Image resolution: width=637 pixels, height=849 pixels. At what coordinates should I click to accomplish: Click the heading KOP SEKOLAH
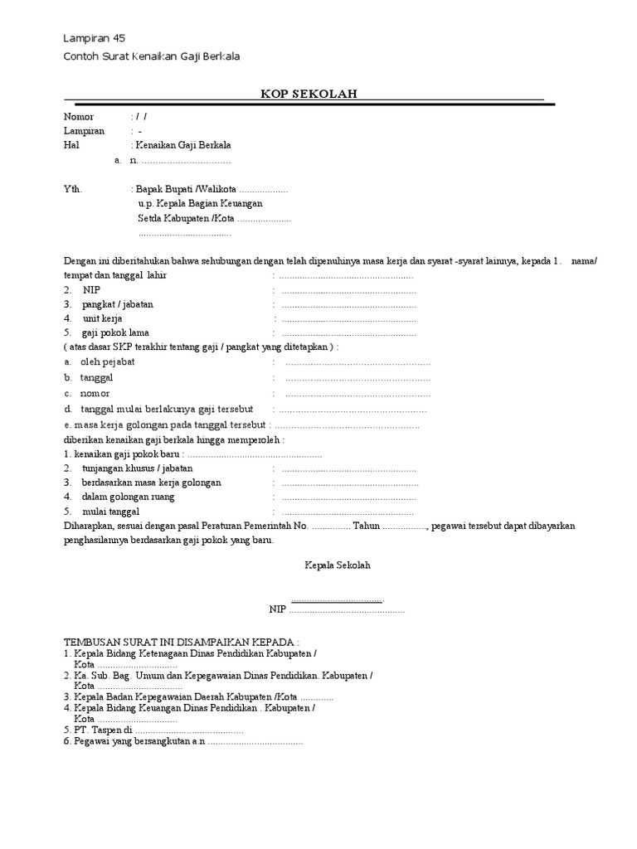coord(309,94)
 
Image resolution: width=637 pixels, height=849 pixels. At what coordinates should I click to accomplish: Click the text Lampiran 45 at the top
coord(95,39)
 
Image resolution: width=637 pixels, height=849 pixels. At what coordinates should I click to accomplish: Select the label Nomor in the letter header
coord(79,117)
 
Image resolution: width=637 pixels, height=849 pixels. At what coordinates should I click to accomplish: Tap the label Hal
coord(71,145)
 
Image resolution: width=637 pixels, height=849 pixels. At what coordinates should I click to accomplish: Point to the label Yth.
coord(73,189)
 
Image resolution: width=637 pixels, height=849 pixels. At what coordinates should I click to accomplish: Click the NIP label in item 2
coord(90,291)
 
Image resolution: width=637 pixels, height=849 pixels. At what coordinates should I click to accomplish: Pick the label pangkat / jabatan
coord(117,304)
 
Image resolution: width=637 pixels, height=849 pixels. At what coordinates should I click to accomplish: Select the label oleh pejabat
coord(107,362)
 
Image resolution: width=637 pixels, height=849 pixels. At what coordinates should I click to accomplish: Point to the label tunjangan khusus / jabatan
coord(137,468)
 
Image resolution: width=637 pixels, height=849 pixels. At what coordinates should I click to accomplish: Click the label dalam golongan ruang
coord(126,497)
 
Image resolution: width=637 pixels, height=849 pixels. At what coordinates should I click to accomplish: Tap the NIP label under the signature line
coord(277,609)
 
